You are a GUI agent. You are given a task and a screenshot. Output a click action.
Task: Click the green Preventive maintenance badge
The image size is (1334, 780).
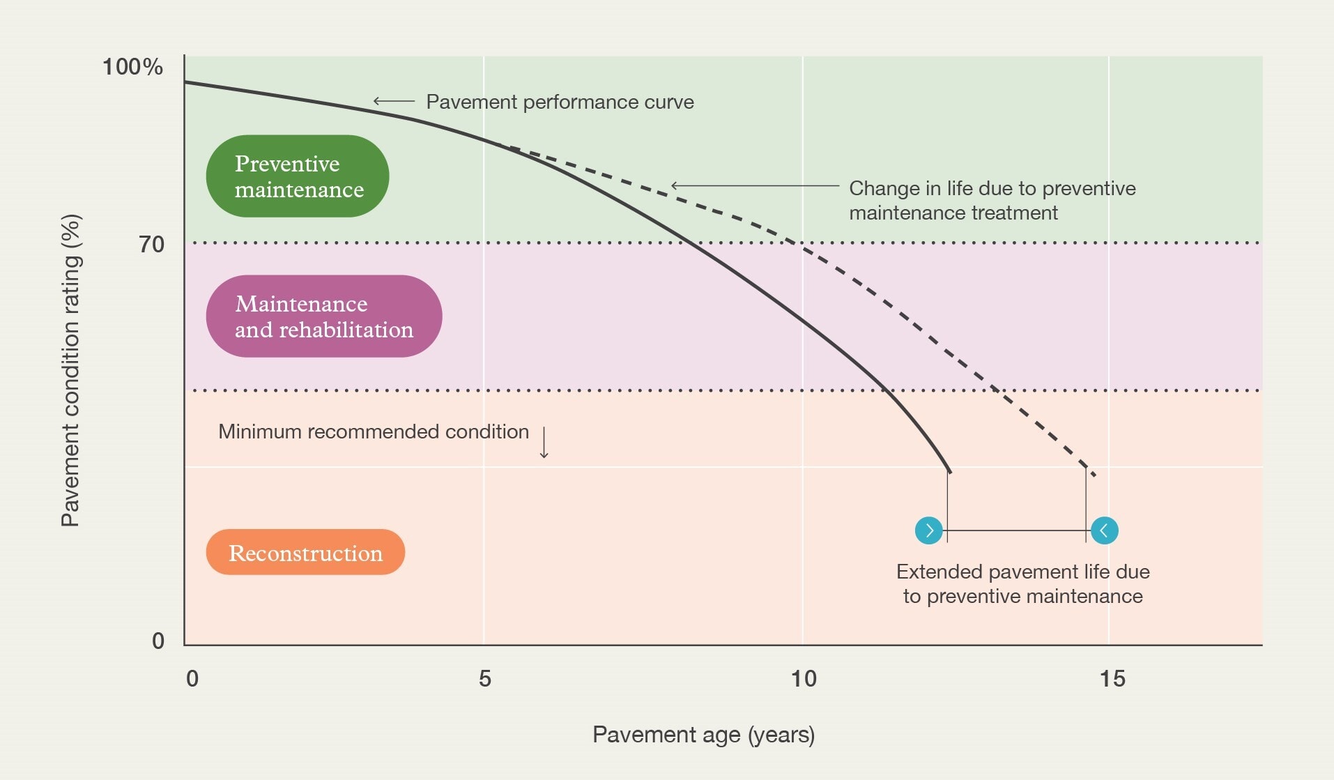tap(298, 176)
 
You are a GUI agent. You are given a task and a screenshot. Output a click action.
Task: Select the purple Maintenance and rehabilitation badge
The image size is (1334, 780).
tap(324, 316)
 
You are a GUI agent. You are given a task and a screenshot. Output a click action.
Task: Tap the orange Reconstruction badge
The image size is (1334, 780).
tap(305, 553)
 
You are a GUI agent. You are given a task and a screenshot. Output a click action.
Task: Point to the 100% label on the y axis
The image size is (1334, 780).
tap(132, 67)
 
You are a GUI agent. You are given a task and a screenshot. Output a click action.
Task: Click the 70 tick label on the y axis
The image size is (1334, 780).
tap(151, 245)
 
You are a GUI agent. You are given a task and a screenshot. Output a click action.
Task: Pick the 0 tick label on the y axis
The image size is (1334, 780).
tap(158, 641)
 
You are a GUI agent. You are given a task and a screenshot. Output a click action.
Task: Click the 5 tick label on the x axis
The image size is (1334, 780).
tap(484, 679)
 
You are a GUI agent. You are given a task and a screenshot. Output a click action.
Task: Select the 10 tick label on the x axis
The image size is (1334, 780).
tap(803, 679)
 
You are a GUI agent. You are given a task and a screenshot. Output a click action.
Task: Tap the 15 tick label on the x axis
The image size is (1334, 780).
tap(1112, 679)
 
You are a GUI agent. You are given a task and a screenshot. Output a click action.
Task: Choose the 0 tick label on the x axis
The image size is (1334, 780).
tap(192, 679)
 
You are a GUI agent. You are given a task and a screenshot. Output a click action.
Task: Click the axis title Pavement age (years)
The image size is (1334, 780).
tap(703, 735)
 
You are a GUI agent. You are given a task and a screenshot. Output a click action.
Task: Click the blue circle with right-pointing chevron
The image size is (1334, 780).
tap(928, 530)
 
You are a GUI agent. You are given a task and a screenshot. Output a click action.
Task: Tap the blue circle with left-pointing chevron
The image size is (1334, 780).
tap(1104, 530)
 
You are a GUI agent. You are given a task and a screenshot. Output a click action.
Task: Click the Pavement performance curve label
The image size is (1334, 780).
tap(560, 102)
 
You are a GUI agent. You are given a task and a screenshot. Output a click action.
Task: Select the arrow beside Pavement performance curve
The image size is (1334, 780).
tap(394, 101)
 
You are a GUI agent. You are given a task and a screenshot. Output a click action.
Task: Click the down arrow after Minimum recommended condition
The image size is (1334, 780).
tap(544, 443)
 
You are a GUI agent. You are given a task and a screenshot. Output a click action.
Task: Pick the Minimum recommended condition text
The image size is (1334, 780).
tap(374, 432)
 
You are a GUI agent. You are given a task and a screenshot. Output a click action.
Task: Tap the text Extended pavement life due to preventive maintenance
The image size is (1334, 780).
tap(1022, 584)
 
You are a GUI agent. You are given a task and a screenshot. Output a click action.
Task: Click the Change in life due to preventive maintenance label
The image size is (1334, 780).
tap(992, 200)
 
